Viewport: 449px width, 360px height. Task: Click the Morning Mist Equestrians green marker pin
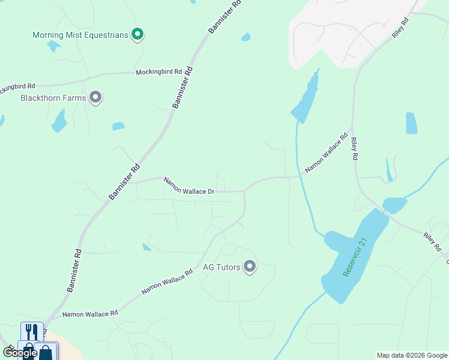[137, 35]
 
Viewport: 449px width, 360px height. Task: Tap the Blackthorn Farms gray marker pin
[95, 97]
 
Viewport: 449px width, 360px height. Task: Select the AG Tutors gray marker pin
[250, 267]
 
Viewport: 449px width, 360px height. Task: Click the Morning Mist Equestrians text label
[80, 35]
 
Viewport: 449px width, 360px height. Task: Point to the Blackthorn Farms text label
[53, 97]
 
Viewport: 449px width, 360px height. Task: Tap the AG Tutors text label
[221, 267]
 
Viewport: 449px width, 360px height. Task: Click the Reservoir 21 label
[354, 258]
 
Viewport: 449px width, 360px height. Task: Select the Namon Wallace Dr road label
[189, 185]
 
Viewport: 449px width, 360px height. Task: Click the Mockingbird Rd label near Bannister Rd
[158, 72]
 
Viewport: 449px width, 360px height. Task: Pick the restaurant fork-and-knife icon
[32, 332]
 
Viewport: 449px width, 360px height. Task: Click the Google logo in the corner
[19, 353]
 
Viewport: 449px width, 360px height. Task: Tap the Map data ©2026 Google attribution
[412, 355]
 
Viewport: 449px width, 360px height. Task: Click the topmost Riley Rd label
[400, 28]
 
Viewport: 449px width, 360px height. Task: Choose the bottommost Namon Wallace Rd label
[89, 314]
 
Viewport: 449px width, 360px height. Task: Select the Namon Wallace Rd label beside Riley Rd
[327, 154]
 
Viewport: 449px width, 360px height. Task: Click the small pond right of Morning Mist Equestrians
[246, 37]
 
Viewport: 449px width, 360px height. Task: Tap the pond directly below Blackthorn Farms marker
[59, 121]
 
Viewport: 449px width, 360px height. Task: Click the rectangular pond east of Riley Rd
[411, 123]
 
